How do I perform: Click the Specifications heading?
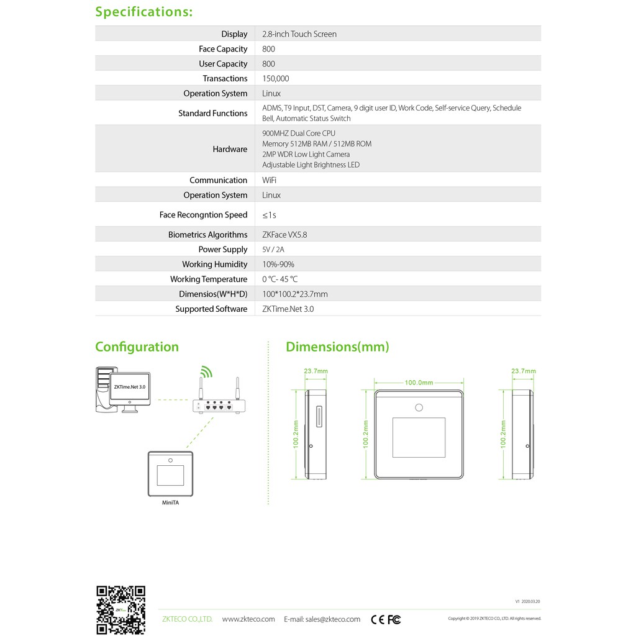click(x=143, y=12)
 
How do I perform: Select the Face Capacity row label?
click(x=223, y=49)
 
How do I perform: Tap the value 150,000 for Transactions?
click(x=276, y=79)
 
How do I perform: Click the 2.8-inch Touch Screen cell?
click(x=299, y=34)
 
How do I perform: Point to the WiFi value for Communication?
click(x=270, y=180)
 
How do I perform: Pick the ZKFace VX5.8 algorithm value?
click(x=284, y=235)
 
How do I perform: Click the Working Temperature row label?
click(x=209, y=279)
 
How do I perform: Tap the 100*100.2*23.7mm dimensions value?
click(x=295, y=294)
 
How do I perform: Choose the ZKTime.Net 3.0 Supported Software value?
click(x=288, y=309)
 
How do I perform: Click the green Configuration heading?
click(x=137, y=347)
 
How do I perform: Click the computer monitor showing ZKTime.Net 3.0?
click(x=130, y=388)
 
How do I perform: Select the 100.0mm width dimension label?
click(x=419, y=383)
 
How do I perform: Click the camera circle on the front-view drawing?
click(x=419, y=407)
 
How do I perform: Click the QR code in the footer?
click(x=120, y=610)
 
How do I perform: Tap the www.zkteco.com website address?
click(x=248, y=619)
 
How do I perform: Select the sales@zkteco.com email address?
click(x=332, y=619)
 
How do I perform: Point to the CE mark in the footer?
click(x=377, y=619)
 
